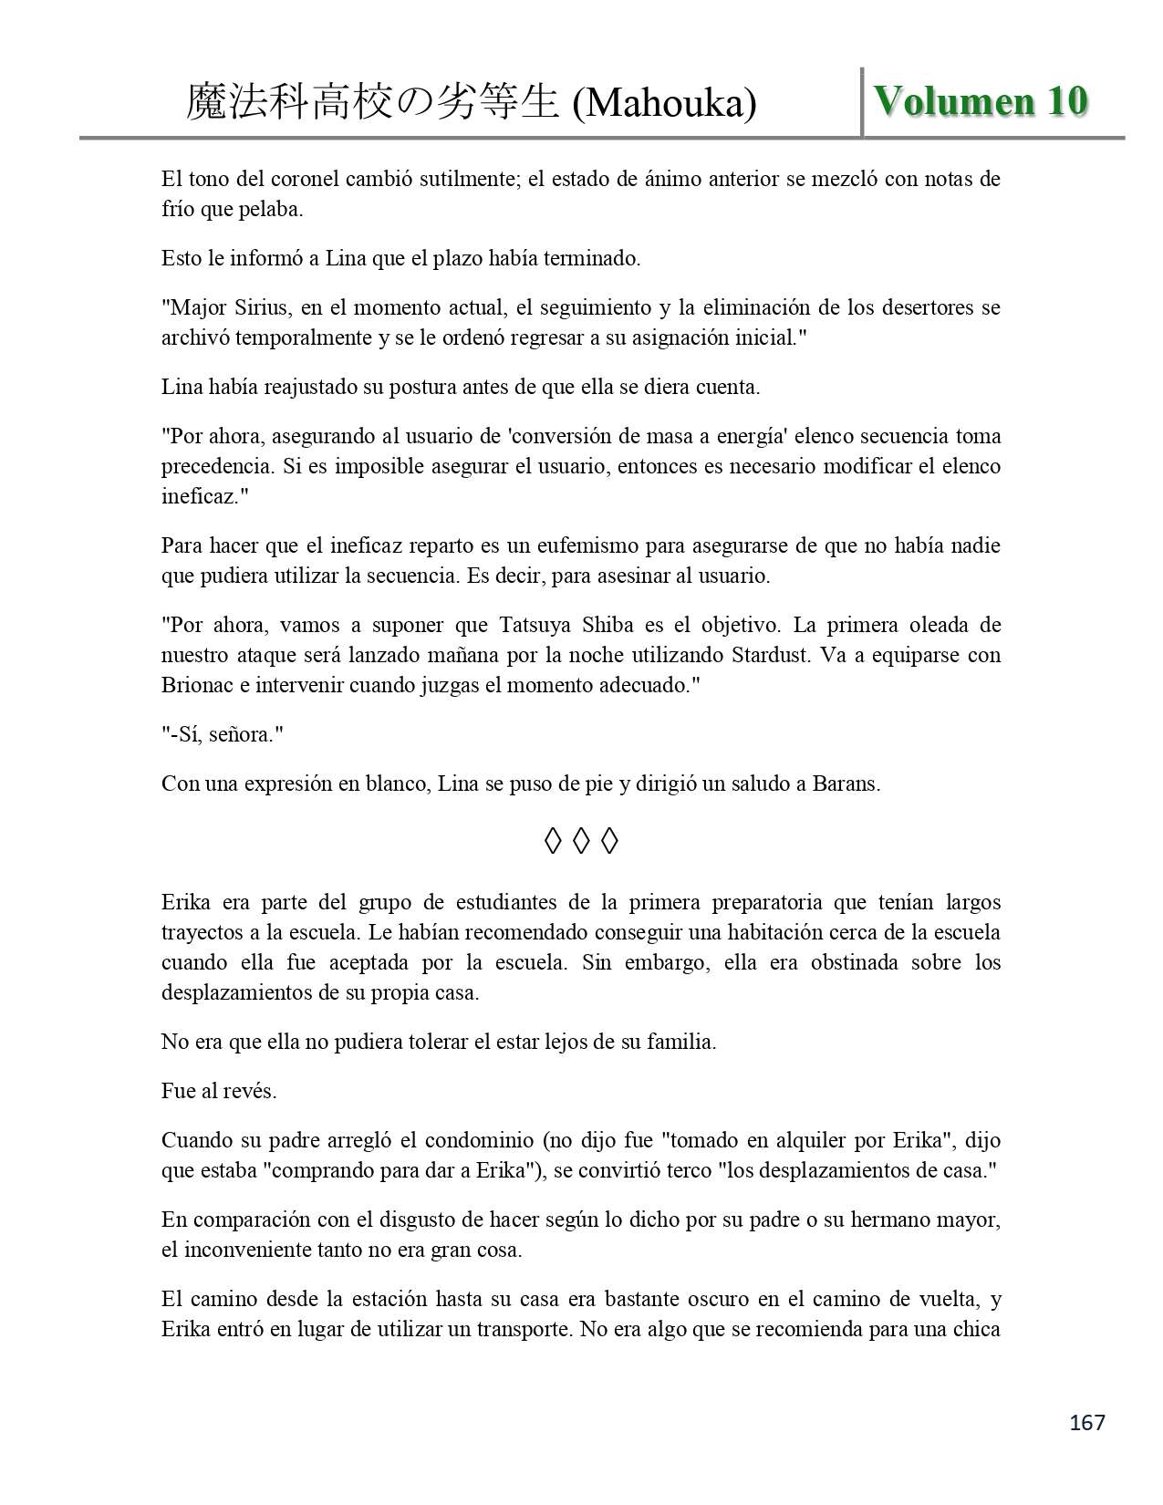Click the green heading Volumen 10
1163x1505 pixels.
click(x=981, y=101)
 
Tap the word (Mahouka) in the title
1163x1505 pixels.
click(x=664, y=103)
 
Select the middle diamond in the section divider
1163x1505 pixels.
click(x=581, y=841)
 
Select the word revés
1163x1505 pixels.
click(x=248, y=1091)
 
